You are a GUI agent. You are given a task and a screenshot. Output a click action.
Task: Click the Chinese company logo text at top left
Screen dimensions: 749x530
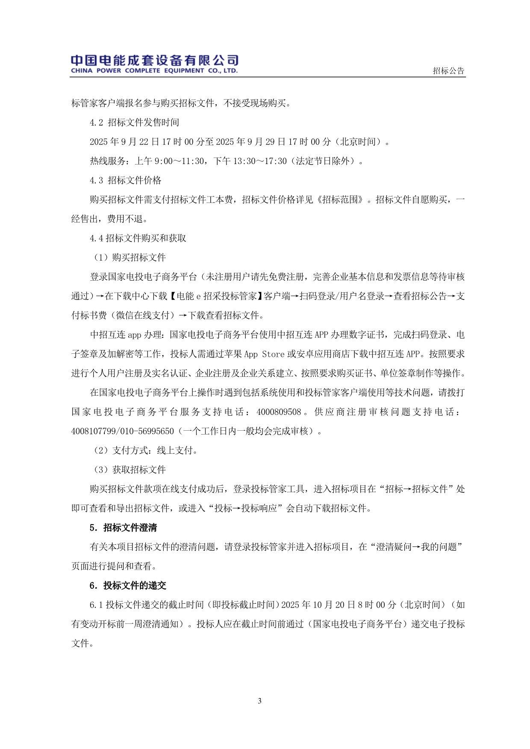pos(154,60)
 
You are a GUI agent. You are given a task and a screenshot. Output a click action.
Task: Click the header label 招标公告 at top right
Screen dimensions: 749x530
pos(448,71)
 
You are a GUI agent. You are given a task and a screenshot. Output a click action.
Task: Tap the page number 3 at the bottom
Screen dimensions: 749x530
pos(260,701)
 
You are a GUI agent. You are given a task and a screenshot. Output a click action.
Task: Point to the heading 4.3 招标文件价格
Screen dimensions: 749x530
pos(125,180)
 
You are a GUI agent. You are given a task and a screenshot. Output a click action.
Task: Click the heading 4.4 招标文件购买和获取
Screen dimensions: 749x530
pos(138,238)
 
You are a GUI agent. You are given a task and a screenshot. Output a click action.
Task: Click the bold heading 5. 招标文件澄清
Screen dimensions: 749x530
pos(123,528)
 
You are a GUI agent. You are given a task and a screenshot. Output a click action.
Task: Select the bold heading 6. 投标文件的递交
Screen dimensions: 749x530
pos(127,585)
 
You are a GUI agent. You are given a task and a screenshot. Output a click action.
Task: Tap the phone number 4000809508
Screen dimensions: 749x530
pos(279,412)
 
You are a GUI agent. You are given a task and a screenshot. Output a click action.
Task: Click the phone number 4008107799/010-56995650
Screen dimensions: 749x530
pos(123,431)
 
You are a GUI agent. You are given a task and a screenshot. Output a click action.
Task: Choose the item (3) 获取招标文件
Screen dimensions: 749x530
pos(129,470)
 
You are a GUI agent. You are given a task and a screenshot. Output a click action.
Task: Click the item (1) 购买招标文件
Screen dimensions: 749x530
pos(129,258)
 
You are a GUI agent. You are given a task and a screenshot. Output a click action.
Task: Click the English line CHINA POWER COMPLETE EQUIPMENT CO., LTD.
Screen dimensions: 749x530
pos(154,71)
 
